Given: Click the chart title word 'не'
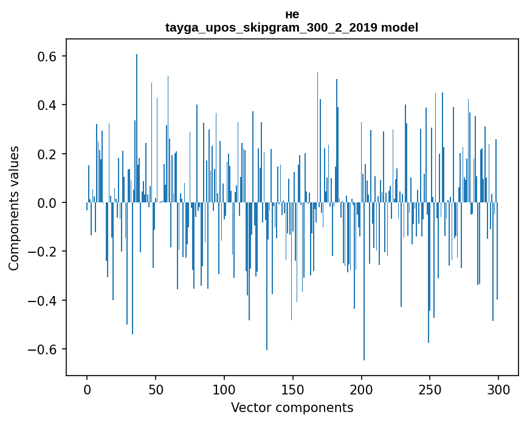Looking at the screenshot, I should point(292,15).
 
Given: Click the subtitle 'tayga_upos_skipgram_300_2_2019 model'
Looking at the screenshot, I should point(292,28).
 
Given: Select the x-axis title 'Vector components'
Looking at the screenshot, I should point(292,408).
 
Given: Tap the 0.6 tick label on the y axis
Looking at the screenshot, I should point(44,57).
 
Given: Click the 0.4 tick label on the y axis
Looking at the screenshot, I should point(44,105).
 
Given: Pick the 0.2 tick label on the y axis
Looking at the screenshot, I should point(44,154).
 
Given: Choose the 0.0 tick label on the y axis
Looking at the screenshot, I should point(44,203).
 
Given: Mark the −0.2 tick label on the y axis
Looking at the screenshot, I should point(40,252).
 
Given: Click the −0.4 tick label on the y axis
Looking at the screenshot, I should point(40,301).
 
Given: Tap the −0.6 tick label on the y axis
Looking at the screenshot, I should point(40,349).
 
